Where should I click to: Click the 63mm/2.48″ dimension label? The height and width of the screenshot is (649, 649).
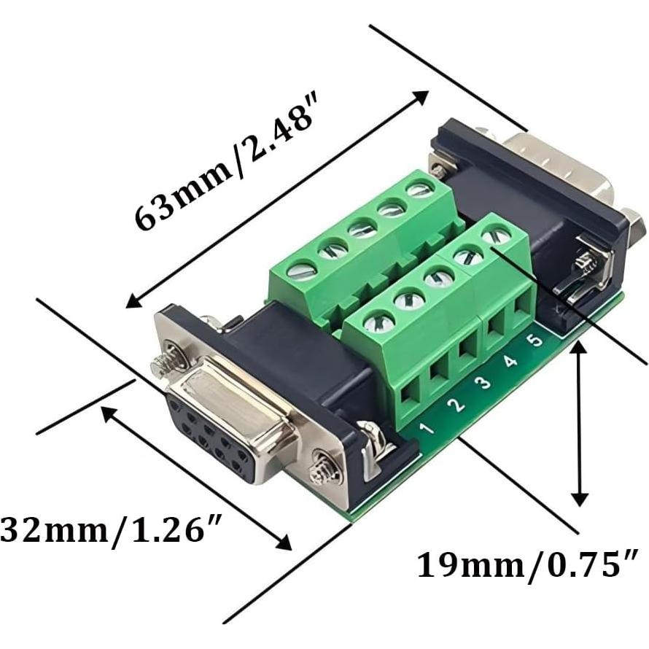point(226,178)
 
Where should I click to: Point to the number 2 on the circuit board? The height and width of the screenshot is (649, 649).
point(457,405)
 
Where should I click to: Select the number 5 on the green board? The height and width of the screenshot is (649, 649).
point(535,340)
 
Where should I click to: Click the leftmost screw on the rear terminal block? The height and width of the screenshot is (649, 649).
point(300,271)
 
